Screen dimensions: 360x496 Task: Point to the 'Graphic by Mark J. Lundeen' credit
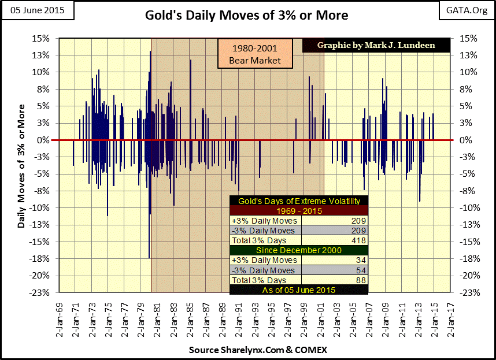tap(384, 45)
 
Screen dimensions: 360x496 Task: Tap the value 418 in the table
tap(360, 240)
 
